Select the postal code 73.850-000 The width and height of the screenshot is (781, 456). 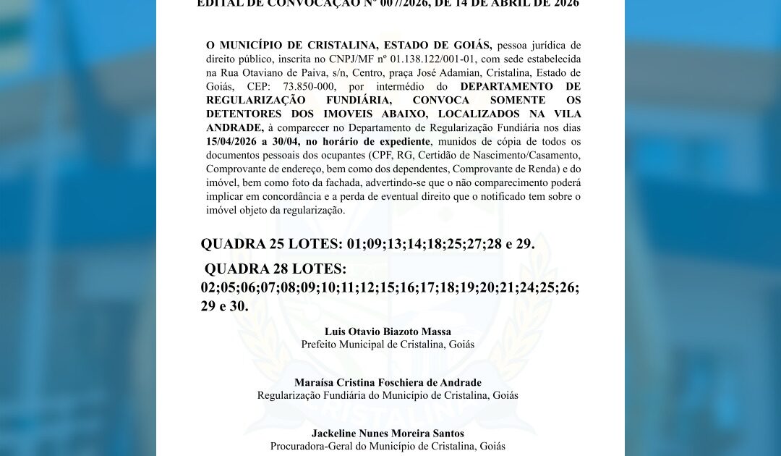click(289, 86)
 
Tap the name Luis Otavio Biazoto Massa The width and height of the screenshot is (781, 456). click(388, 332)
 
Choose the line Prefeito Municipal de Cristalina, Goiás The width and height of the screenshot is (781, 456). click(388, 345)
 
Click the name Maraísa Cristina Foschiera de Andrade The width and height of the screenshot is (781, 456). click(388, 383)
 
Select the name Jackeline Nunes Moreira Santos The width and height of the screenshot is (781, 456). click(388, 434)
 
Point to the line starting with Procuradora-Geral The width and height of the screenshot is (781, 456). click(388, 447)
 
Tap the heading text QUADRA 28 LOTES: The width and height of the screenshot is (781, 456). click(276, 269)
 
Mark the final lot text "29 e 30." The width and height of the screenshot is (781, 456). click(224, 306)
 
